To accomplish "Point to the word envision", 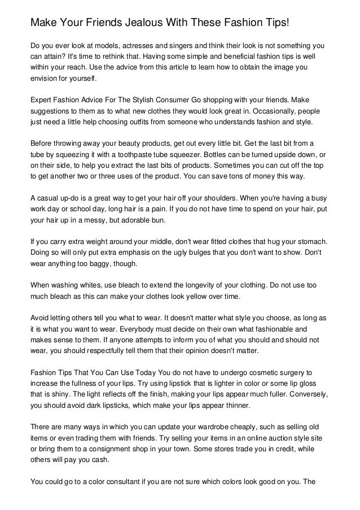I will [x=45, y=79].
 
